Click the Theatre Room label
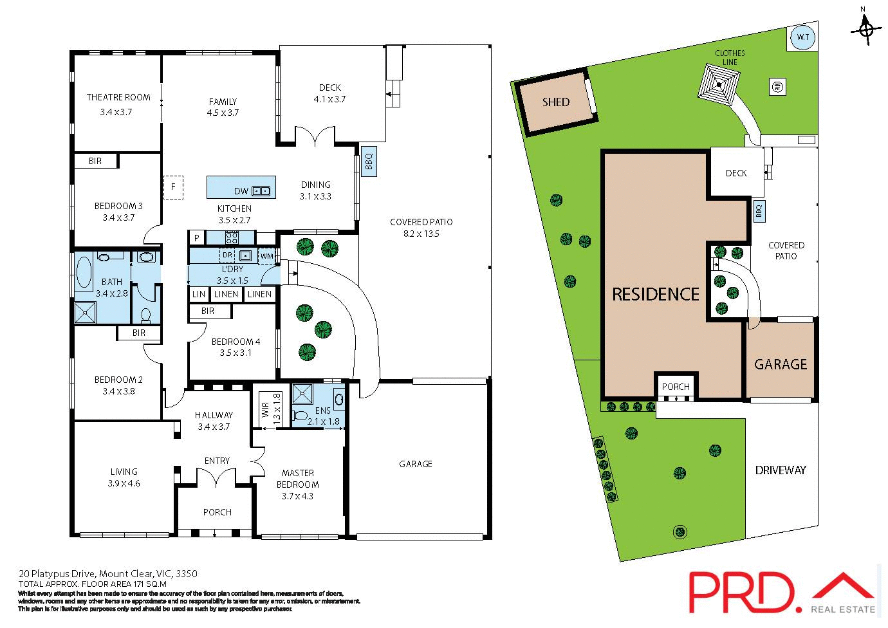pos(118,98)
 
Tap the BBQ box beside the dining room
pos(369,160)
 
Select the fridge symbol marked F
pos(173,187)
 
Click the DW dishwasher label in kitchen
pos(241,191)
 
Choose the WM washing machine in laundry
pos(267,256)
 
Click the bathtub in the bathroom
pos(84,273)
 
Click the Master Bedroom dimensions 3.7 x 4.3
pos(297,496)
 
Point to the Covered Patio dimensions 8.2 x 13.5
pos(421,234)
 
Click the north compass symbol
pos(866,28)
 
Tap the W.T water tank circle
pos(802,37)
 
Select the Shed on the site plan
pos(556,102)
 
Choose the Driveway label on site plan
pos(780,470)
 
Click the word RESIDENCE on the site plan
pos(655,295)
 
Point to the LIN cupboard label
pos(199,294)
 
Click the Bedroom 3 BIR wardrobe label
pos(95,161)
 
